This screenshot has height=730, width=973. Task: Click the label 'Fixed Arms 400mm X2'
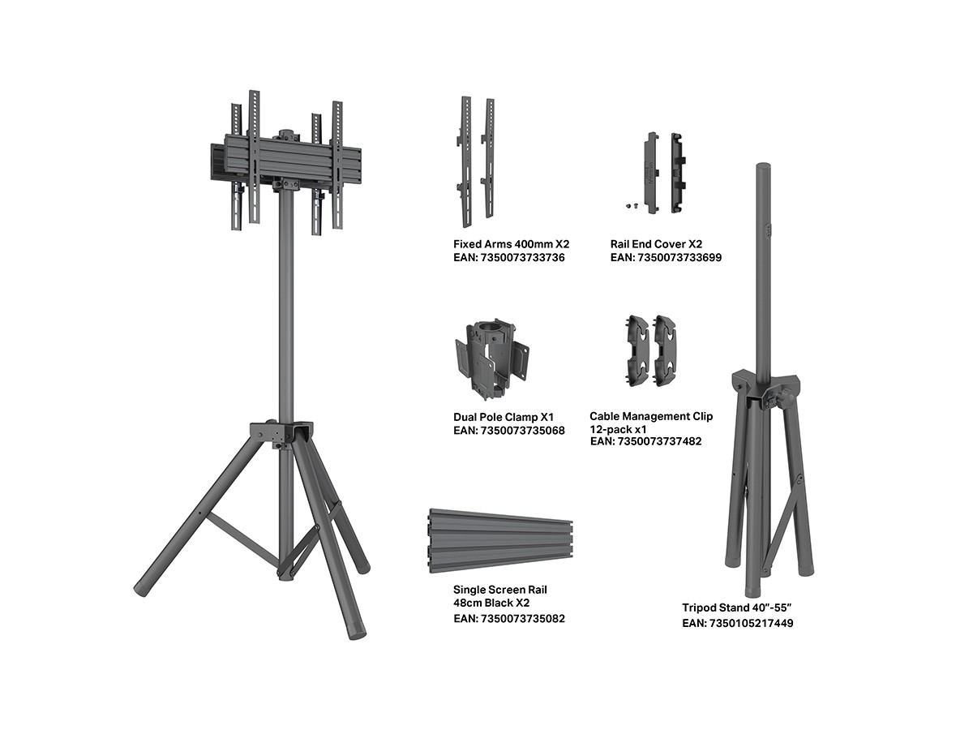pyautogui.click(x=511, y=244)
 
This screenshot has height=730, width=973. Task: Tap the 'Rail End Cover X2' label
pyautogui.click(x=656, y=244)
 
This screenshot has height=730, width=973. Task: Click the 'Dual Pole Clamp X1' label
pyautogui.click(x=504, y=417)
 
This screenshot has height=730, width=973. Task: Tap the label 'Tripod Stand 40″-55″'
pyautogui.click(x=736, y=608)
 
